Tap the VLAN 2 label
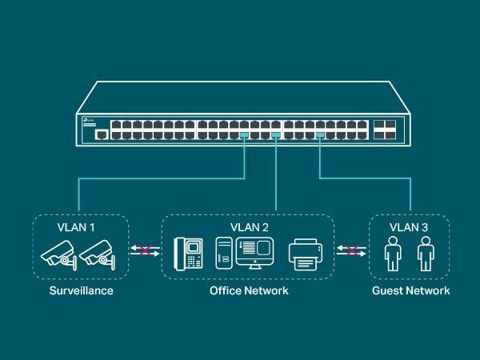point(250,227)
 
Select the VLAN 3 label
point(408,227)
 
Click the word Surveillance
point(81,290)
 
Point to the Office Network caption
point(249,290)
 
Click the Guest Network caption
point(410,290)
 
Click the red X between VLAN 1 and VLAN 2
point(146,251)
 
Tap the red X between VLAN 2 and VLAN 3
point(350,251)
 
